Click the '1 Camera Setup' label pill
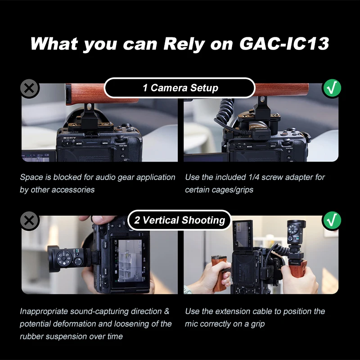180,88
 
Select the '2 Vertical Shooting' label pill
180,220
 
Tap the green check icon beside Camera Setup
332,88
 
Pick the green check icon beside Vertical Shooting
332,220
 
